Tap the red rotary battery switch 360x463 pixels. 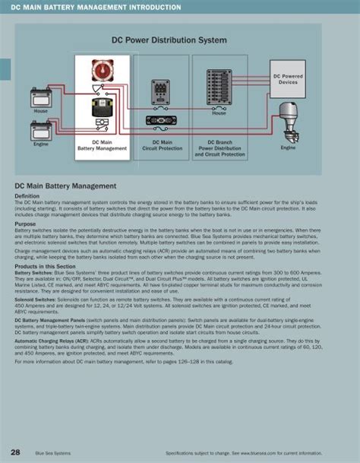click(x=99, y=71)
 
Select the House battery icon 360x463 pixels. click(x=40, y=97)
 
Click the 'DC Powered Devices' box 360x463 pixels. click(x=288, y=79)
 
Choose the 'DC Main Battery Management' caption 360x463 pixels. click(x=101, y=145)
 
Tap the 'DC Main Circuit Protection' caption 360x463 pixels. click(x=162, y=145)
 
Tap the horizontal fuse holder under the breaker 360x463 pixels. click(x=161, y=119)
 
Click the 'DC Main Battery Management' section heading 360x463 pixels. click(x=65, y=186)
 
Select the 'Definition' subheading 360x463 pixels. click(x=27, y=195)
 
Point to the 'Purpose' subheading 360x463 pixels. click(x=25, y=224)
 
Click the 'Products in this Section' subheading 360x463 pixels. click(x=46, y=267)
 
